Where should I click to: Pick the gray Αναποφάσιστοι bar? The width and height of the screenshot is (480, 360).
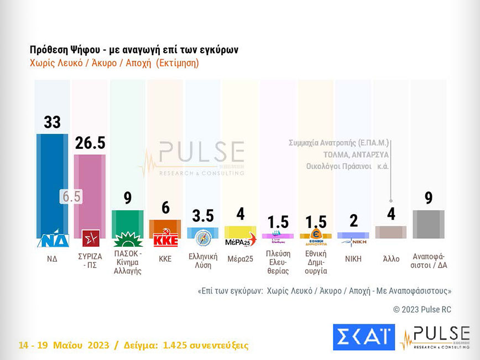[429, 224]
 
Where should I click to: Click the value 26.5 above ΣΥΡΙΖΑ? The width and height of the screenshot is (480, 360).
[90, 143]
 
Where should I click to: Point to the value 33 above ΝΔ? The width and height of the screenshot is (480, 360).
[52, 122]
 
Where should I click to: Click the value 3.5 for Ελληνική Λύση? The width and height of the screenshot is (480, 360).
[203, 216]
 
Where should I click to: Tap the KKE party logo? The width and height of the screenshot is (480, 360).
[165, 241]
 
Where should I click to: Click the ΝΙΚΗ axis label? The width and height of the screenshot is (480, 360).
[354, 258]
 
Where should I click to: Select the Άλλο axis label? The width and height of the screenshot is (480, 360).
[391, 258]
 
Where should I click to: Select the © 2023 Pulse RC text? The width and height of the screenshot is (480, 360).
[422, 310]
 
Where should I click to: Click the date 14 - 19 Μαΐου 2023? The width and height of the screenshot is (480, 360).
[64, 346]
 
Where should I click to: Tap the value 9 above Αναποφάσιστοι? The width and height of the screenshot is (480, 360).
[429, 198]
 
